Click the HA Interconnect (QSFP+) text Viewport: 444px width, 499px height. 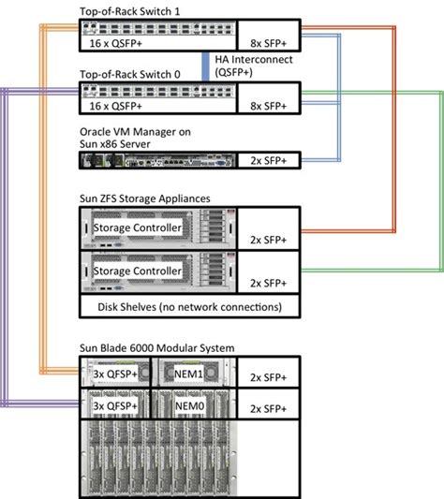253,66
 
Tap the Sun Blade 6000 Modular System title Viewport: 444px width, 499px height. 157,348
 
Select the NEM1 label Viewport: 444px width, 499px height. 197,373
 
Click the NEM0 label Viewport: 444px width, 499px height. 197,407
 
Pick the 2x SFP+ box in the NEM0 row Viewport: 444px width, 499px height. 269,409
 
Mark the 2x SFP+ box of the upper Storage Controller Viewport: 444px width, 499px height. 269,238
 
